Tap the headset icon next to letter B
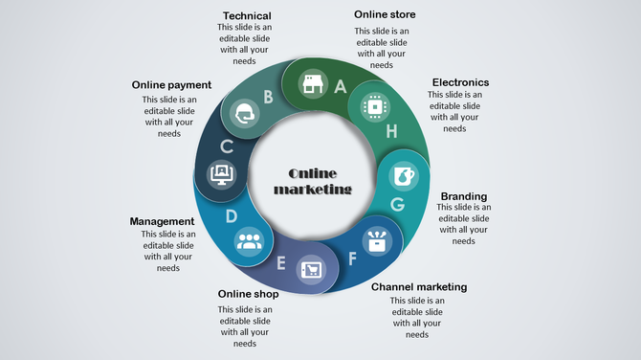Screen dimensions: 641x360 pyautogui.click(x=245, y=114)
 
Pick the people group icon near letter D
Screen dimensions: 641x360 pyautogui.click(x=249, y=240)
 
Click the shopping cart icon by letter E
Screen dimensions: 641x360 pyautogui.click(x=311, y=270)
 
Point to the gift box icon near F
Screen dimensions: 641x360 pyautogui.click(x=378, y=239)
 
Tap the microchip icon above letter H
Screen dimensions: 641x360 pyautogui.click(x=372, y=107)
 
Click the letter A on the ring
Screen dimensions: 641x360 pyautogui.click(x=340, y=85)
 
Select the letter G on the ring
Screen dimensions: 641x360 pyautogui.click(x=397, y=204)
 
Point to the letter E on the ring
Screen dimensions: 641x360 pyautogui.click(x=281, y=262)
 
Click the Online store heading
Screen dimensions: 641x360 pyautogui.click(x=385, y=14)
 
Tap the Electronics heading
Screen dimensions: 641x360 pyautogui.click(x=460, y=82)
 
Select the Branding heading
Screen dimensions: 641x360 pyautogui.click(x=463, y=195)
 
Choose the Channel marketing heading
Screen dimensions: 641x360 pyautogui.click(x=419, y=286)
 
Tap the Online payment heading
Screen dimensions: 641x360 pyautogui.click(x=171, y=85)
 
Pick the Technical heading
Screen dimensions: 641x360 pyautogui.click(x=247, y=15)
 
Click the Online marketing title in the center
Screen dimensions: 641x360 pyautogui.click(x=313, y=181)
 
